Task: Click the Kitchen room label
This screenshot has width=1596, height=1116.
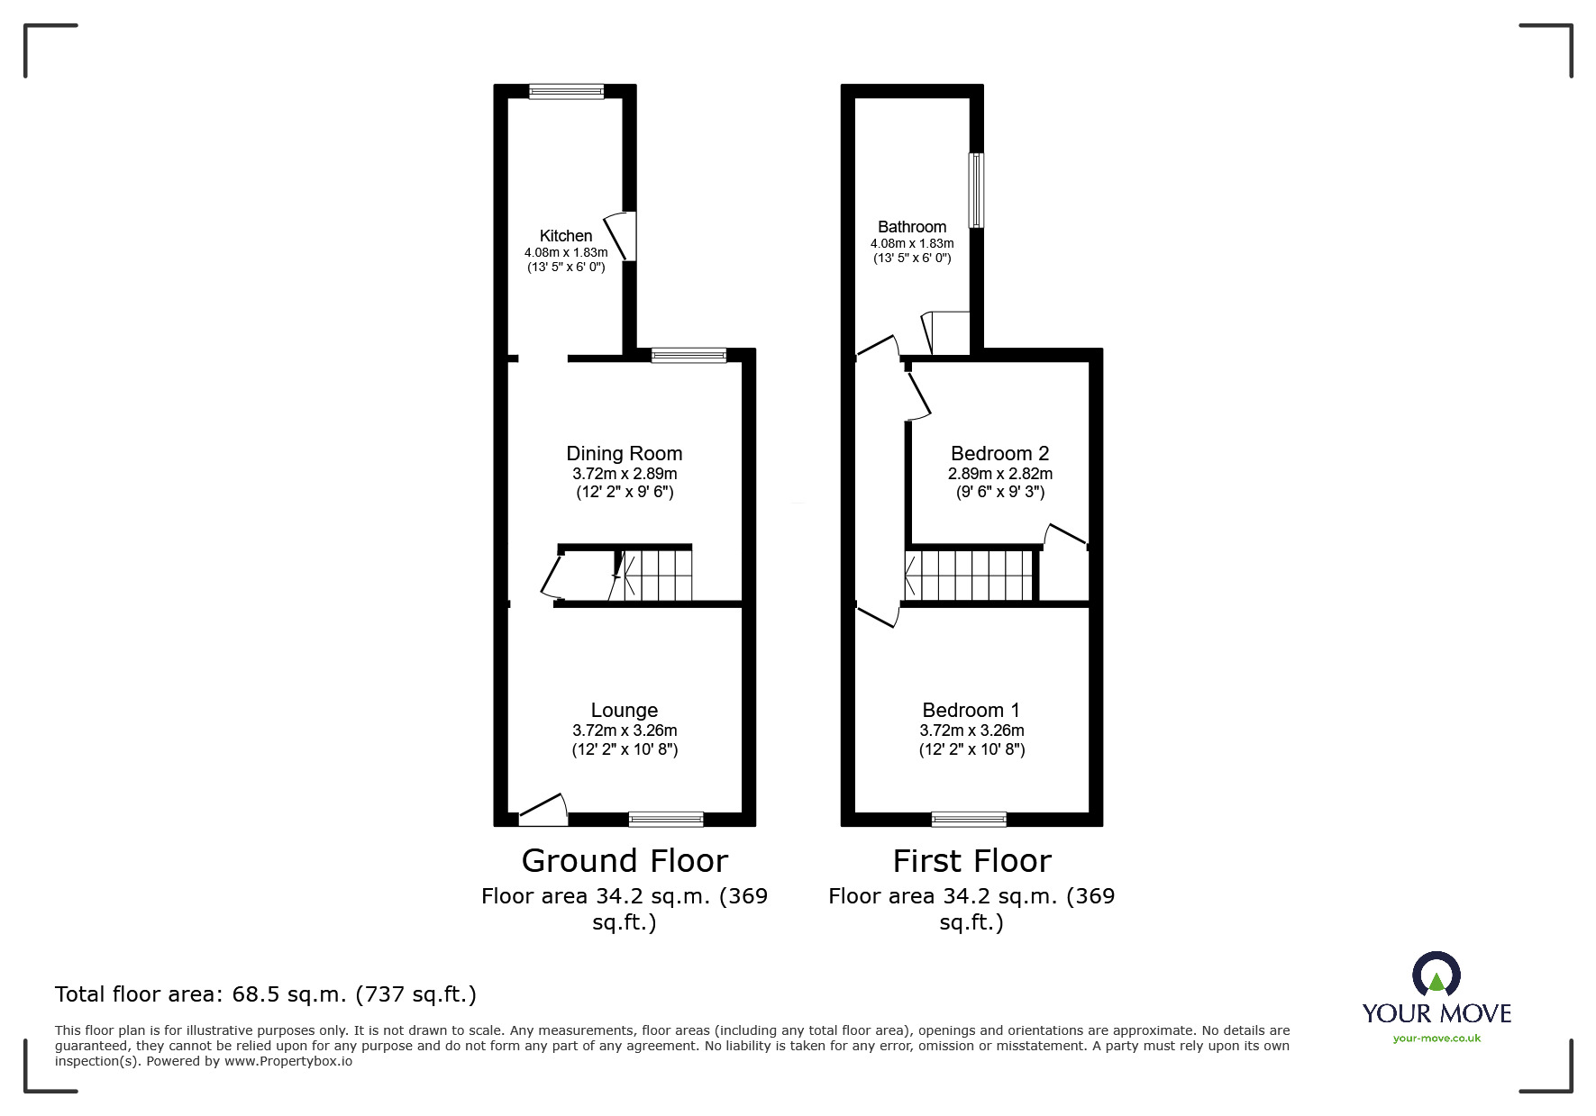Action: click(x=566, y=236)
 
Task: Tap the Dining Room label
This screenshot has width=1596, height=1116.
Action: click(x=624, y=454)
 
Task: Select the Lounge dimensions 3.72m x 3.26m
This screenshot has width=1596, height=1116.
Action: click(x=625, y=730)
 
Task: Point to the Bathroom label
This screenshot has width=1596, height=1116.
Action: click(x=912, y=227)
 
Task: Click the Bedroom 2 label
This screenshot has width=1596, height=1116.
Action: click(x=999, y=454)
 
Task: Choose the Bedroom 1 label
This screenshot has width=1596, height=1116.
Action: click(x=971, y=711)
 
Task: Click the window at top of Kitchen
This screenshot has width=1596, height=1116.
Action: click(x=566, y=91)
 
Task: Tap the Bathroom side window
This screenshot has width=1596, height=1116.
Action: click(x=976, y=190)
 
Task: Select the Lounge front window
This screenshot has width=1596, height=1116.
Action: click(x=666, y=819)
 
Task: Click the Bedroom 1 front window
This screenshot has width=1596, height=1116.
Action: click(x=969, y=819)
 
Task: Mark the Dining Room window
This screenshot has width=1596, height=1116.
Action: click(x=689, y=356)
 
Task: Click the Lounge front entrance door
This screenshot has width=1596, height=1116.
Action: click(x=543, y=811)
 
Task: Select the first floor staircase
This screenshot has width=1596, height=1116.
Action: click(x=969, y=575)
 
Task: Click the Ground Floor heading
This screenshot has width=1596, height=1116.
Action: click(x=625, y=861)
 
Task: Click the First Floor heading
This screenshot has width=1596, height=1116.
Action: click(x=971, y=861)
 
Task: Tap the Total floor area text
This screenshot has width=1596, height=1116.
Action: click(x=266, y=994)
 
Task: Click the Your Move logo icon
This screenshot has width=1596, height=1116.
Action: click(x=1436, y=975)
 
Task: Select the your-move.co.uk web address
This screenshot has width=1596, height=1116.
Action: click(x=1436, y=1039)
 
